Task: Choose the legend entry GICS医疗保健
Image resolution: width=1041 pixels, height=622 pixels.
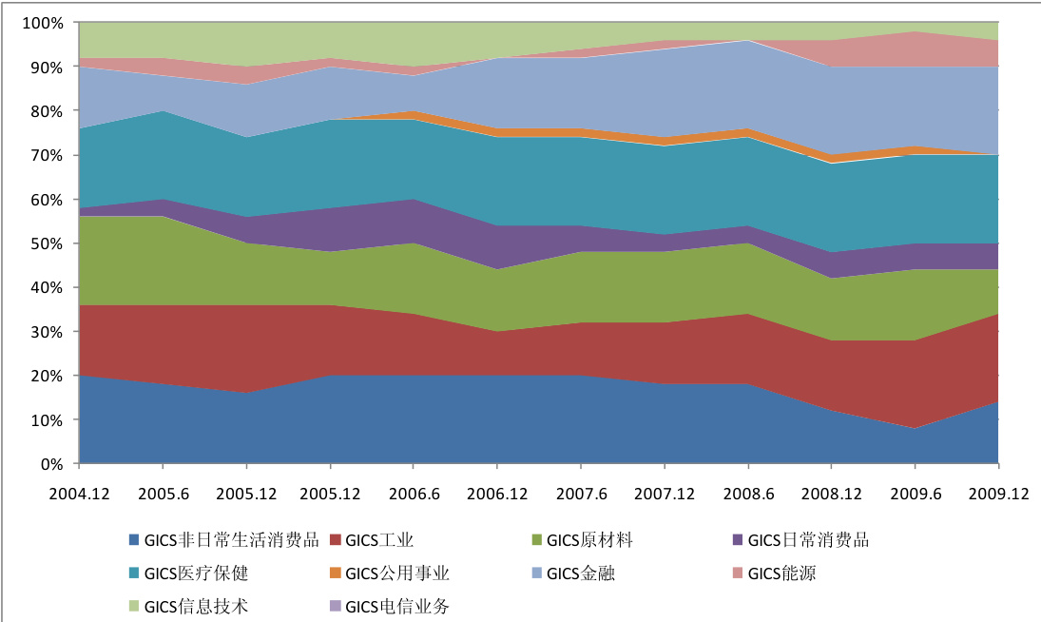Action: [197, 573]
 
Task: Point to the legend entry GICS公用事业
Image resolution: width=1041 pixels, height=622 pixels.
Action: [397, 573]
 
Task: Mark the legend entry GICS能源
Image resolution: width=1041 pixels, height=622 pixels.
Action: [781, 573]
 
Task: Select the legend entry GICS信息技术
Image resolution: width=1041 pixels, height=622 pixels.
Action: [197, 606]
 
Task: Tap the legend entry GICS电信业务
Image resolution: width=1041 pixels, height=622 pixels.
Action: [397, 606]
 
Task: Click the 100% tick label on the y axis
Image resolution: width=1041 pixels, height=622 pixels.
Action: [43, 23]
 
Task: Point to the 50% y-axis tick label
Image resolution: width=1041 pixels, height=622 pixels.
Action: [47, 243]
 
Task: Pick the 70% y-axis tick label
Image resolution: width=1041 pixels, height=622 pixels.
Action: [47, 155]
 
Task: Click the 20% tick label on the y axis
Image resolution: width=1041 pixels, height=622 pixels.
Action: [47, 376]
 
